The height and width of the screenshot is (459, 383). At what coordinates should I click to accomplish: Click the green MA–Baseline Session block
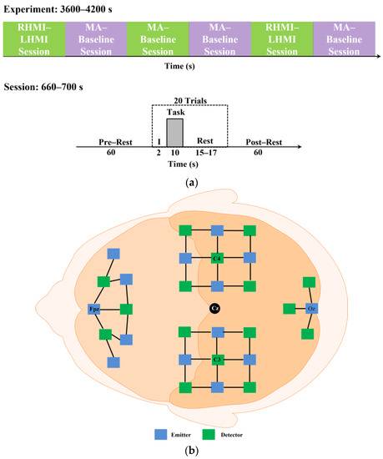tap(158, 39)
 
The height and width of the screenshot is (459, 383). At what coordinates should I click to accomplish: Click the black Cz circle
tap(215, 309)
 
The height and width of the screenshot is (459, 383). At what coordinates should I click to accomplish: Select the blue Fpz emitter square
tap(94, 309)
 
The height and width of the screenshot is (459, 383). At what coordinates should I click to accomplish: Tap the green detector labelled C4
tap(216, 258)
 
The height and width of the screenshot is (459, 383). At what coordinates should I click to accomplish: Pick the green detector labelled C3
tap(216, 361)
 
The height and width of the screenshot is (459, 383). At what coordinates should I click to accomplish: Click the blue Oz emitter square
tap(310, 309)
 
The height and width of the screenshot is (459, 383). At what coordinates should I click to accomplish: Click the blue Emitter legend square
tap(159, 434)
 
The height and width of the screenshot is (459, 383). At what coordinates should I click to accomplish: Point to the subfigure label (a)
tap(191, 178)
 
